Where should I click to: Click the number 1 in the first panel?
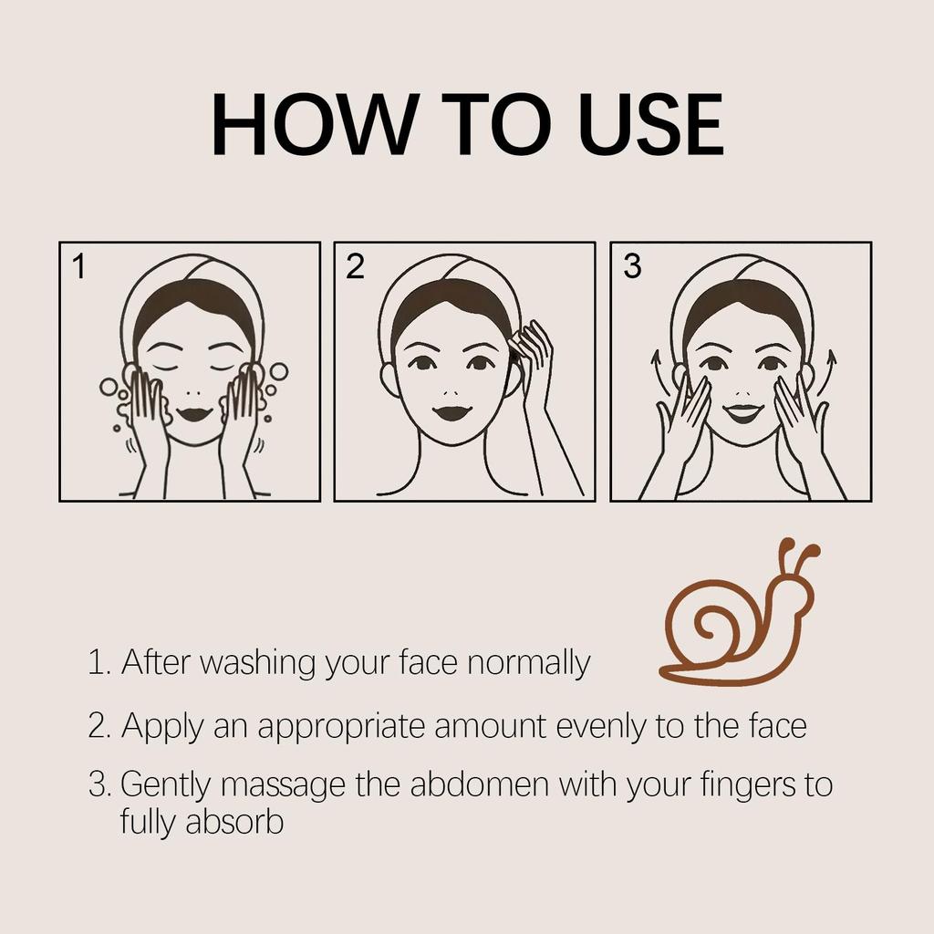pos(79,267)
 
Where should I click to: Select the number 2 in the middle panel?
pos(355,267)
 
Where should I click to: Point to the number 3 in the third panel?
pos(631,267)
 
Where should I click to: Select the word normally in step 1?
pos(528,663)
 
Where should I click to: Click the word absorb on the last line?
pos(234,822)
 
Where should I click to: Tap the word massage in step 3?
pos(284,786)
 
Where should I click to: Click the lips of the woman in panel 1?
pos(193,413)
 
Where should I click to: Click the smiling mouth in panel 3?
pos(743,412)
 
